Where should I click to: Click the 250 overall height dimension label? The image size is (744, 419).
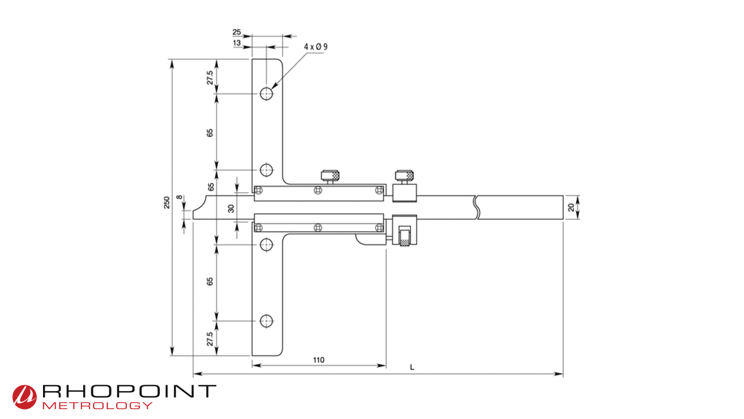167,203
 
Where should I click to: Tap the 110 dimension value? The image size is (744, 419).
319,360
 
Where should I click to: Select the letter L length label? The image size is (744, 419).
412,367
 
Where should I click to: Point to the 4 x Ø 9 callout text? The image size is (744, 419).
316,47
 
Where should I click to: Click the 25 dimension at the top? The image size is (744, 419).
237,32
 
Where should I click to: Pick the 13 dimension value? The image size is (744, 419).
237,43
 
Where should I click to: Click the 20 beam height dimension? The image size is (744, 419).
571,208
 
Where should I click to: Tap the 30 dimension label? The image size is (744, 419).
231,209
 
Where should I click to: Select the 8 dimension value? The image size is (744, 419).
180,197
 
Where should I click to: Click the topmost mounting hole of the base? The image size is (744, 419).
266,94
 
